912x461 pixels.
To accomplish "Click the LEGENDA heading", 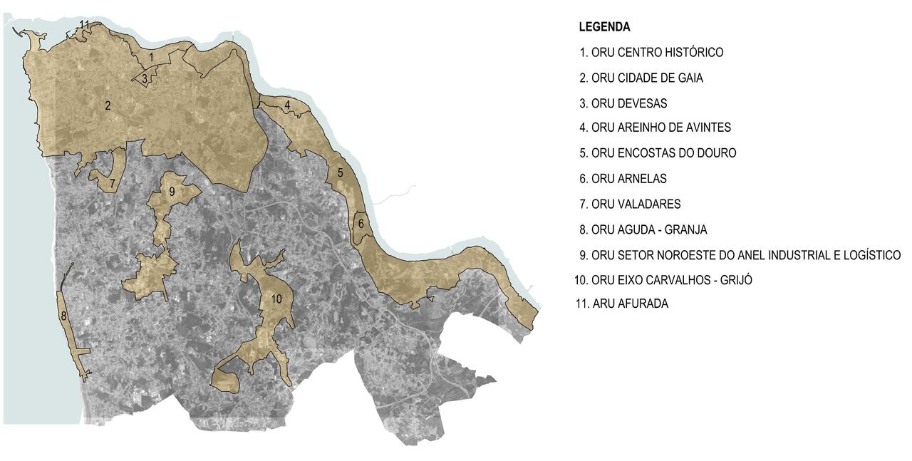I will coord(604,27).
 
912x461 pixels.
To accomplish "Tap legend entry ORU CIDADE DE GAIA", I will coord(641,78).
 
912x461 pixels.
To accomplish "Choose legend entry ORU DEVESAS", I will coord(623,103).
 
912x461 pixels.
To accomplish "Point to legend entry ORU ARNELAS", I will coord(623,179).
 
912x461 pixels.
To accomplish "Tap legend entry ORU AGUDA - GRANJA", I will coord(643,229).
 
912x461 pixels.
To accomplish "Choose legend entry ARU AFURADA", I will coord(622,304).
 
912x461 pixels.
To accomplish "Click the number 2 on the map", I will coord(108,106).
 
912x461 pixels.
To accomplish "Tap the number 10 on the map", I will coord(276,299).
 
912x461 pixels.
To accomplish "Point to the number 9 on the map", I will coord(172,192).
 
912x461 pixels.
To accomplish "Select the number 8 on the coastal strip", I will coord(63,316).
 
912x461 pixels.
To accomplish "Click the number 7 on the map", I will coord(112,183).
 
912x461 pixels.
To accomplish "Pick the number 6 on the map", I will coord(361,224).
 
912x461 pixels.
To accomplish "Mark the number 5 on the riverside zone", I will coord(341,172).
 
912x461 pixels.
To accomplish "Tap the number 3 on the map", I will coord(145,79).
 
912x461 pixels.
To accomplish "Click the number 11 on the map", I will coord(84,25).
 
